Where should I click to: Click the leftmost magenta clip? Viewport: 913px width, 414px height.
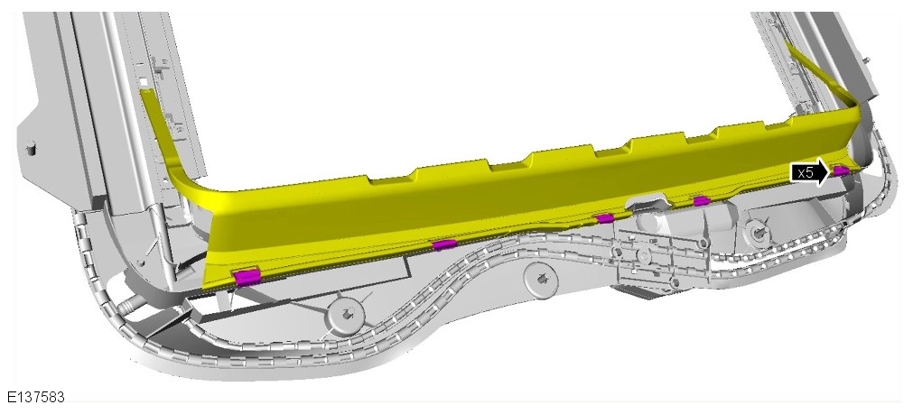pos(247,277)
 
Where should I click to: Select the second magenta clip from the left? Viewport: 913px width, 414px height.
pos(443,244)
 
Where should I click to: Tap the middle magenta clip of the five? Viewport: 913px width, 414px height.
pos(605,218)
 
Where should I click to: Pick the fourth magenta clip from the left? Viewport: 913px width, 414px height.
pos(701,200)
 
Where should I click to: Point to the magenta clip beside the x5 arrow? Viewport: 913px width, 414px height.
pos(841,170)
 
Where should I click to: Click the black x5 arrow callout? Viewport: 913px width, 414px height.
pos(809,172)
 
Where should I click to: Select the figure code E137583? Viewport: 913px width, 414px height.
pos(36,397)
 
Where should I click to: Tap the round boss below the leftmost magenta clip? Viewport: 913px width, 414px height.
pos(346,317)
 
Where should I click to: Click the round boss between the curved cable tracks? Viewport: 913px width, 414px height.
pos(541,278)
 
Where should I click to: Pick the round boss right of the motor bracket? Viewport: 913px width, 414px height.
pos(758,233)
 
